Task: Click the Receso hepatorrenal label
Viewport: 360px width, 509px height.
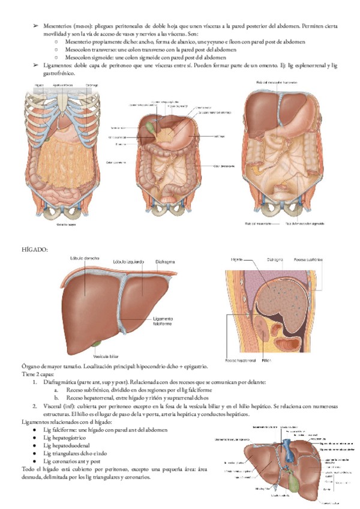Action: tap(241, 361)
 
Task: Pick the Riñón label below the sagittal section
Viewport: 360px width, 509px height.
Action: tap(268, 361)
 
